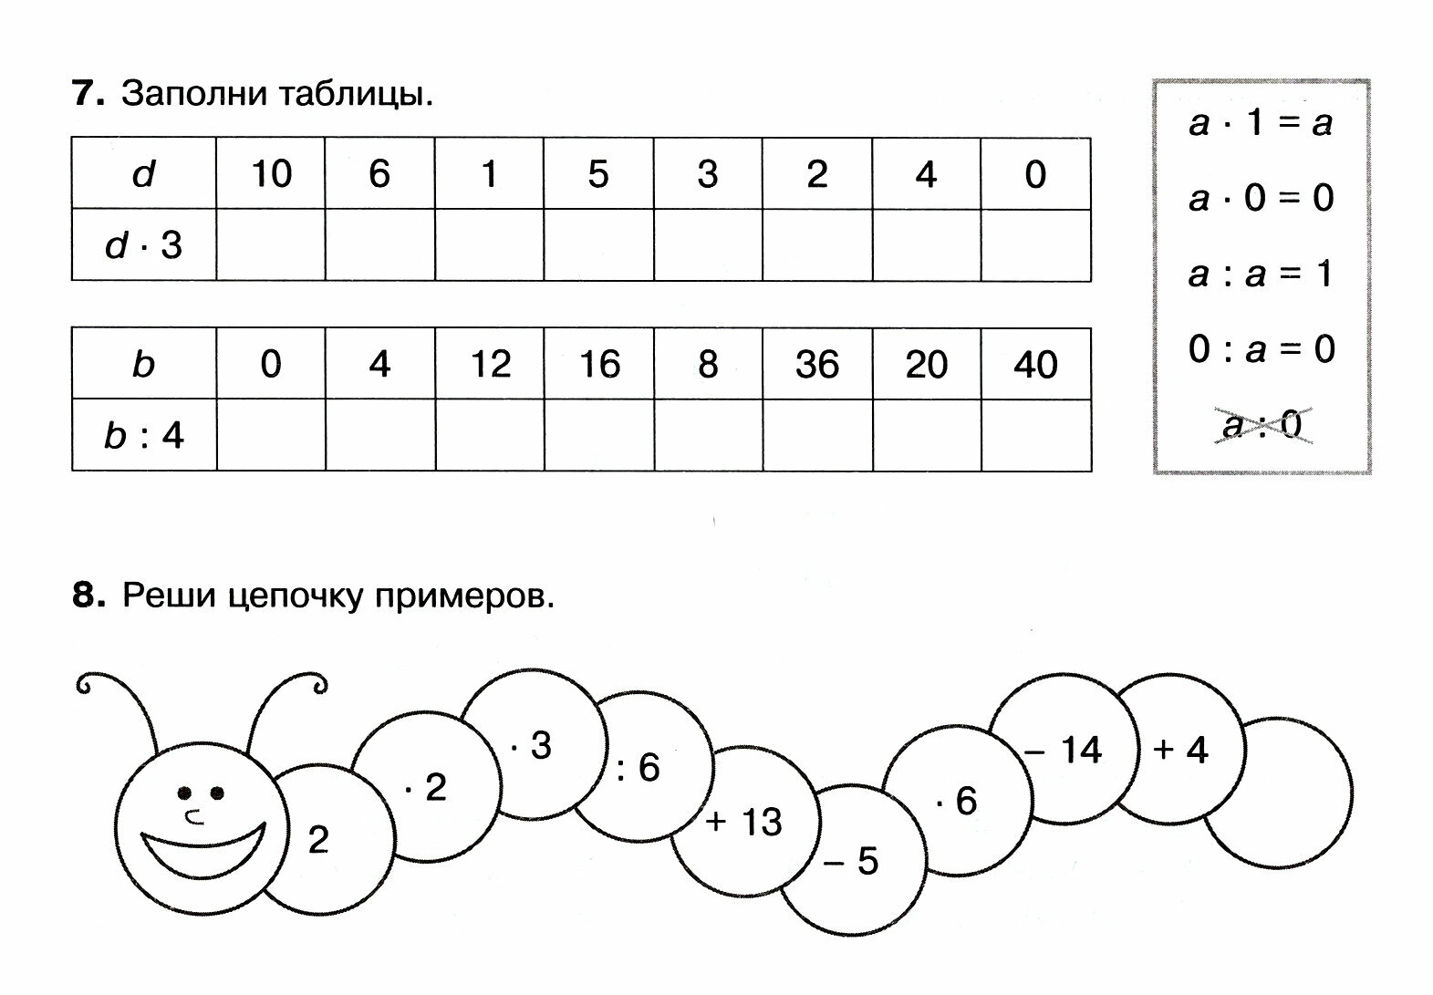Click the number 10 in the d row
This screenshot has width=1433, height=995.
click(271, 173)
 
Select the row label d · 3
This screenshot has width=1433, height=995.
click(144, 245)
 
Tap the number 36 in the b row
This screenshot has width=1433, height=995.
click(816, 364)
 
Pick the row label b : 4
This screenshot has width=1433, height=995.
click(144, 435)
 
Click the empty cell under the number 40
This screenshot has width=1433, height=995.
click(1036, 435)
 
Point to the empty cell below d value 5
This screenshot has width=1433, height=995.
click(598, 245)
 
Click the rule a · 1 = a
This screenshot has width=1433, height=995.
click(1261, 122)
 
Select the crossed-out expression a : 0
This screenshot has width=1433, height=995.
click(1262, 425)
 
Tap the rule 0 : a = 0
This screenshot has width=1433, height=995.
click(1261, 349)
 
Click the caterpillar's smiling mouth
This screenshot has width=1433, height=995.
click(202, 847)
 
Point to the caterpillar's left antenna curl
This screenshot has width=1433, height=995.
click(87, 684)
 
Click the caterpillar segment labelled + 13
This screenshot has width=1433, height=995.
click(743, 822)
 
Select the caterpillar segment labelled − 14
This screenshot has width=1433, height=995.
click(1064, 751)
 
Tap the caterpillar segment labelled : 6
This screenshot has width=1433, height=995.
click(639, 767)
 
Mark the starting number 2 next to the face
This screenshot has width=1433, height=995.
click(317, 839)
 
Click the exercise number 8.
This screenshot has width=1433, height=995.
click(88, 596)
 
